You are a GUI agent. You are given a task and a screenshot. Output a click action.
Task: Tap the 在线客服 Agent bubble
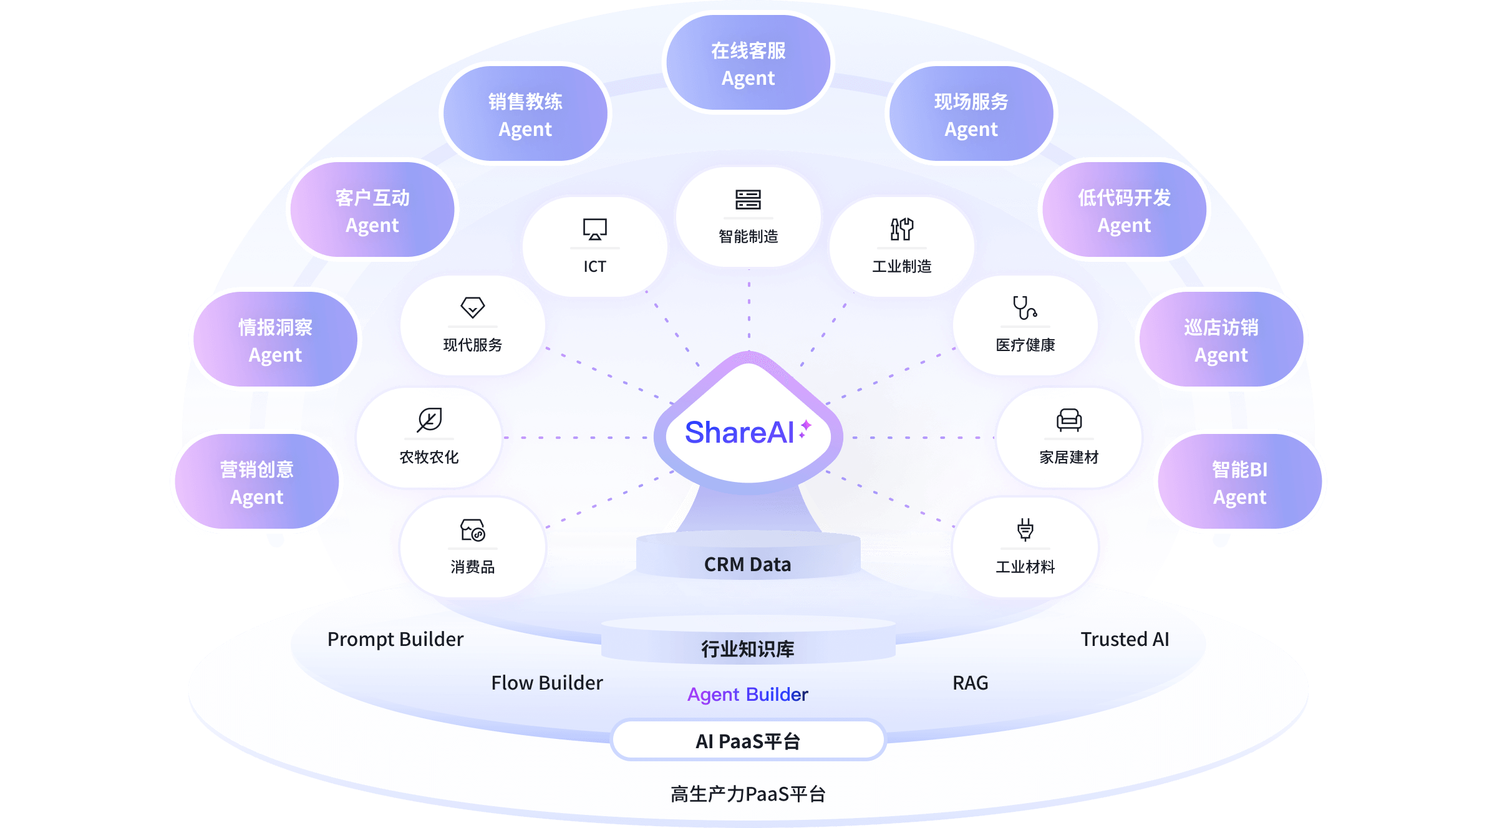click(x=748, y=64)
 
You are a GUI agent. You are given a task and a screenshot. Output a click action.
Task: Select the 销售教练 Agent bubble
click(x=525, y=115)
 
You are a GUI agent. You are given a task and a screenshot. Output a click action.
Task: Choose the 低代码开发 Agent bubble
click(x=1124, y=211)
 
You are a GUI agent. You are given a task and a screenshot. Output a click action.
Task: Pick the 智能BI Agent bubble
click(x=1239, y=483)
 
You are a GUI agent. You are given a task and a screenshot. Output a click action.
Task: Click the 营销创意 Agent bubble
click(x=256, y=483)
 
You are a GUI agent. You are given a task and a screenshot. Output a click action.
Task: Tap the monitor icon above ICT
click(x=594, y=229)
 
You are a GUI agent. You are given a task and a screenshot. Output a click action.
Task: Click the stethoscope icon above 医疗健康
click(x=1025, y=307)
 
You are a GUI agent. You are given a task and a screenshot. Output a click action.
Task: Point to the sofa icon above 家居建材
click(x=1068, y=420)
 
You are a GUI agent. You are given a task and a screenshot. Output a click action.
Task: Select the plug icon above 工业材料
click(x=1025, y=529)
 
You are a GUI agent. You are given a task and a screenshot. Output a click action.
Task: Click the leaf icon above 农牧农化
click(x=429, y=420)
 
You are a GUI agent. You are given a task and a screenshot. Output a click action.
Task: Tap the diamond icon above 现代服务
click(x=472, y=307)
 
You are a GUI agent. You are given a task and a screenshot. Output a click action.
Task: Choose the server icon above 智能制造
click(x=748, y=200)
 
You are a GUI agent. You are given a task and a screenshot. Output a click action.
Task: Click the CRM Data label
click(x=747, y=564)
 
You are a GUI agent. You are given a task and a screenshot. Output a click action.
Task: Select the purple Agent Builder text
click(x=747, y=694)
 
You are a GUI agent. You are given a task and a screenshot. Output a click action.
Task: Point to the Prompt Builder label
click(x=395, y=639)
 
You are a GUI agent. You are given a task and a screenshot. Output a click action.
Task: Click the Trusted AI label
click(x=1125, y=639)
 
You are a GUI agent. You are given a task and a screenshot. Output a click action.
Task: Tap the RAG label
click(x=970, y=683)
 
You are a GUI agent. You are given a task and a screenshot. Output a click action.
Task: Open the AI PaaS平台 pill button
click(x=748, y=741)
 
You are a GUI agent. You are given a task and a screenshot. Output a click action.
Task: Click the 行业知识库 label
click(x=747, y=648)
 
